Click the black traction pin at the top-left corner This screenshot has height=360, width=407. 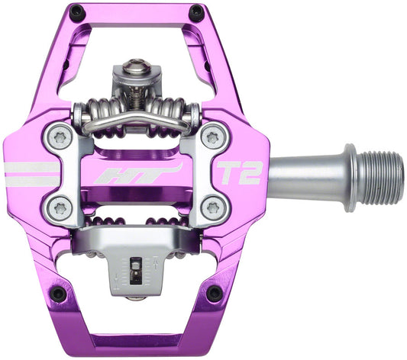tap(76, 12)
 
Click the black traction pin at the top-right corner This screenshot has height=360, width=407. tap(196, 13)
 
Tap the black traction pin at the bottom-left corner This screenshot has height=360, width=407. tap(58, 294)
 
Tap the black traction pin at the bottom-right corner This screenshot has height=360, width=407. tap(215, 293)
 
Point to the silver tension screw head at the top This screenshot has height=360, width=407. tap(137, 69)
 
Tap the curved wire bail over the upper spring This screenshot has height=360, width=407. tap(137, 121)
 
